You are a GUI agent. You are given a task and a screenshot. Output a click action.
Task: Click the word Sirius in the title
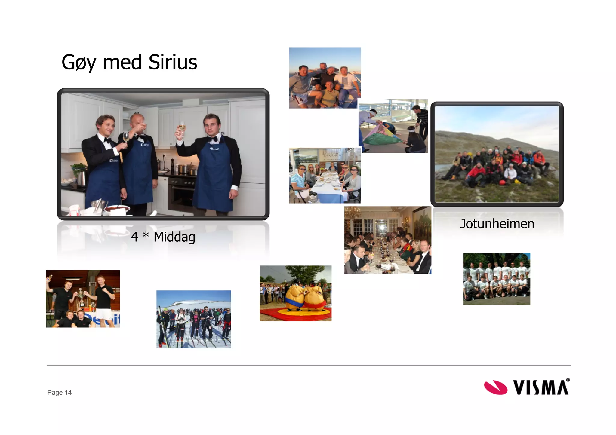tap(173, 62)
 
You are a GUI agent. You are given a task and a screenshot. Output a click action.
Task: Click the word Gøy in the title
tap(79, 62)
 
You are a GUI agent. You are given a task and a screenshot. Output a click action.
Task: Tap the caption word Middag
tap(174, 237)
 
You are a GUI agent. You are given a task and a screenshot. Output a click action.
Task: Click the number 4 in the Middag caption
tap(134, 237)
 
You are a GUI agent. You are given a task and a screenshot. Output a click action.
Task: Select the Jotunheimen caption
tap(497, 224)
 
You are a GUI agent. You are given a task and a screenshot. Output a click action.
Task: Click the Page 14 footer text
tap(59, 392)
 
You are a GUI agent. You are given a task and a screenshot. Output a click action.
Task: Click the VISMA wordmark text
tap(541, 388)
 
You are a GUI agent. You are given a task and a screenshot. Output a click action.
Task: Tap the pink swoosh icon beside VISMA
tap(495, 388)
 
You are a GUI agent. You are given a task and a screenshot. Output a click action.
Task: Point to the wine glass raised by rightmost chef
tap(182, 127)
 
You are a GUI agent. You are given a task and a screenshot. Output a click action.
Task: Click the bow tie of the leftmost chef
tap(107, 140)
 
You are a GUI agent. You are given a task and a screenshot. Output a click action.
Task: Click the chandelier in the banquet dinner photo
tap(353, 213)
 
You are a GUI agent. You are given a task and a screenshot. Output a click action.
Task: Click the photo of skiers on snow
tap(194, 319)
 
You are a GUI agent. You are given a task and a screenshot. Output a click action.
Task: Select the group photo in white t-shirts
tap(497, 279)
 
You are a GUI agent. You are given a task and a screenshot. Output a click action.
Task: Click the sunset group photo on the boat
tap(325, 78)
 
